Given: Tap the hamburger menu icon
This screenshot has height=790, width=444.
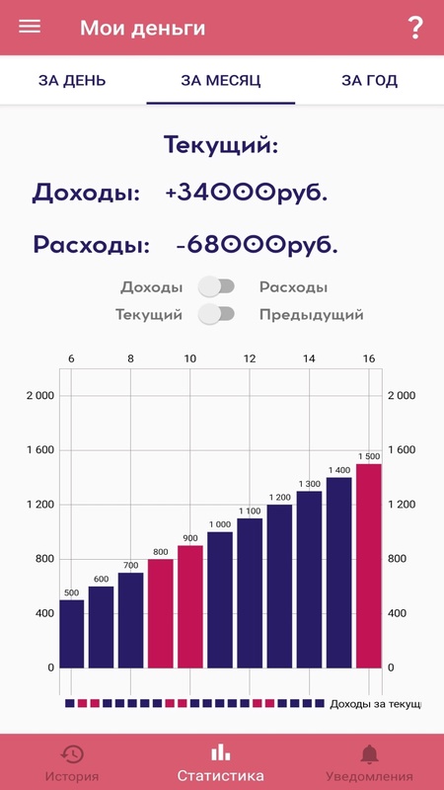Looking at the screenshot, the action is (x=30, y=27).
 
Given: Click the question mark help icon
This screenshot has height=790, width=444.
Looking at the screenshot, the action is (x=414, y=28).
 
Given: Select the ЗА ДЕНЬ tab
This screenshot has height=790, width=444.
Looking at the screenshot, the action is (x=72, y=81).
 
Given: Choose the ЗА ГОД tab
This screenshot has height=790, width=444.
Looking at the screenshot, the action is (x=369, y=81).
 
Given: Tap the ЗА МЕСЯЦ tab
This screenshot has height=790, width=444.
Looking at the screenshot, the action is (x=221, y=81).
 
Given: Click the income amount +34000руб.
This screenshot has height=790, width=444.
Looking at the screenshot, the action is (x=246, y=194).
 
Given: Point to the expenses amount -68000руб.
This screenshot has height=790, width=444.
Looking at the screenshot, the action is (x=257, y=245).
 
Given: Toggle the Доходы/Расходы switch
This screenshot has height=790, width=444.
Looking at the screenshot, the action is (x=216, y=286).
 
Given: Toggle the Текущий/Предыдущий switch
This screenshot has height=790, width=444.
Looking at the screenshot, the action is (x=216, y=314).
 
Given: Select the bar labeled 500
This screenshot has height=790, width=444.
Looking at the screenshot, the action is (x=72, y=634).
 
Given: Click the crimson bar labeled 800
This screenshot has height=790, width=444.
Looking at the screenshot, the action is (x=161, y=613).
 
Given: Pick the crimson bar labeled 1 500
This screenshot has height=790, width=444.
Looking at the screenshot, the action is (x=368, y=566).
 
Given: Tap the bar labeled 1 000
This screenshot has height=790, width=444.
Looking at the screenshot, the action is (x=220, y=600).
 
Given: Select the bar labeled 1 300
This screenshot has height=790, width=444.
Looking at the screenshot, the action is (x=309, y=580).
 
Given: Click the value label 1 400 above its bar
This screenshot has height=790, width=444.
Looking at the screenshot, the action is (x=338, y=471).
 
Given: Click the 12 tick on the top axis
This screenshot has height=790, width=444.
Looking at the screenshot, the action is (x=250, y=359).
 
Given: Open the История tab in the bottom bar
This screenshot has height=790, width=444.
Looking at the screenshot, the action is (x=72, y=764).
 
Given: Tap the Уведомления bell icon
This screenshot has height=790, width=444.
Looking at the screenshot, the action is (x=369, y=754).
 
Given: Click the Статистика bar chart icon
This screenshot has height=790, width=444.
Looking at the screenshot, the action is (x=220, y=753).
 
